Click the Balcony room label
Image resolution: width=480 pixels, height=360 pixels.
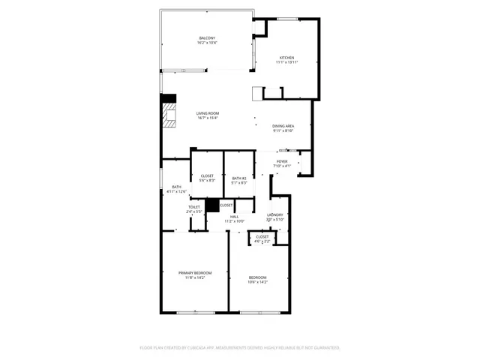(207, 38)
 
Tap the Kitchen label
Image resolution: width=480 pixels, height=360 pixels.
(287, 58)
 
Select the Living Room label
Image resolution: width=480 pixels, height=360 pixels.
(207, 113)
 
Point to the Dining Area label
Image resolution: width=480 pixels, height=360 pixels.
(283, 126)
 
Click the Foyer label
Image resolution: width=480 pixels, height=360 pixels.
(282, 161)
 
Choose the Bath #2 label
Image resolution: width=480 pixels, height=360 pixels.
(238, 178)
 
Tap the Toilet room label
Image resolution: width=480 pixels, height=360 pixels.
(193, 207)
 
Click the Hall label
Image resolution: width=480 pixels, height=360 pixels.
(235, 217)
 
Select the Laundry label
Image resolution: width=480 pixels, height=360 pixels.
(275, 215)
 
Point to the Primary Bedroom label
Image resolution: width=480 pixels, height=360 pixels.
(195, 272)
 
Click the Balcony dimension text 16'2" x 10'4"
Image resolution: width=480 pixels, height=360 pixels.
(207, 43)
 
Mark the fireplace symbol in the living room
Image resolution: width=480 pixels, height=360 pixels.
(170, 116)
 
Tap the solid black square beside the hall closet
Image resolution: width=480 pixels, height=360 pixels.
(211, 205)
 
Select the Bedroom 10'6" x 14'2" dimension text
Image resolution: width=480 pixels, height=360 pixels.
(258, 283)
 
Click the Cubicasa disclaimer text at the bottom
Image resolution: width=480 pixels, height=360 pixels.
(240, 348)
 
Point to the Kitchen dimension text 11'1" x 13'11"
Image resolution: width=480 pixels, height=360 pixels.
(287, 63)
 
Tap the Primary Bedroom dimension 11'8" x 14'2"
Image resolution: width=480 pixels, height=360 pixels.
(195, 277)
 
